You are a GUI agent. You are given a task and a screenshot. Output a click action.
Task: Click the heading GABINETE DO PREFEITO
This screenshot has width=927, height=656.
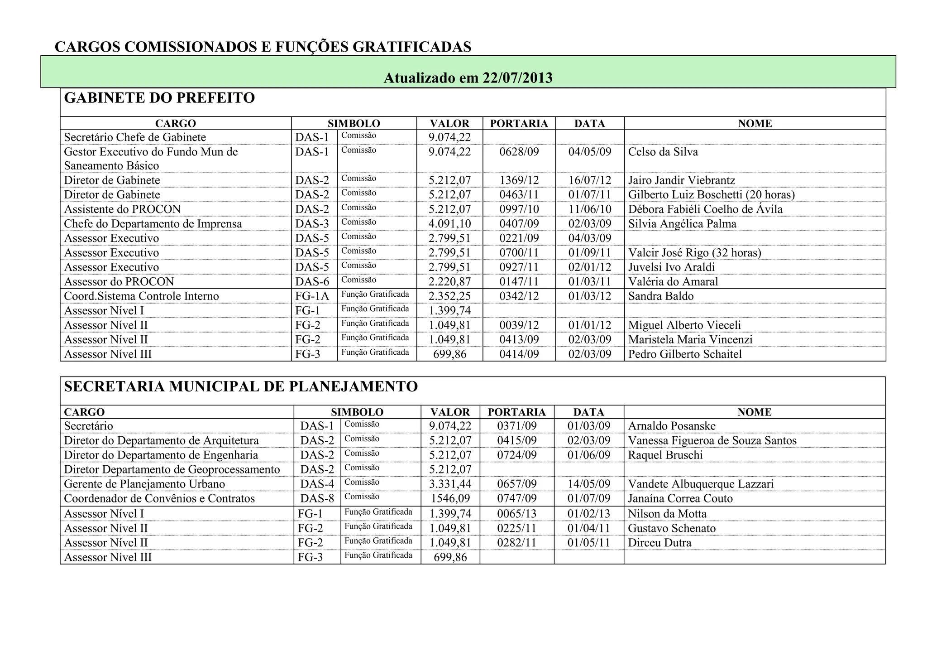159,98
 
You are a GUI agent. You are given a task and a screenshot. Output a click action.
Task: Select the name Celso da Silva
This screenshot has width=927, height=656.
663,152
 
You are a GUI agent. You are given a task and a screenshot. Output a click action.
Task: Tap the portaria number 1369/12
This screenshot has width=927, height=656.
519,180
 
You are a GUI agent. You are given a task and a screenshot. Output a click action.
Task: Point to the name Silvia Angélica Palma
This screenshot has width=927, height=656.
682,224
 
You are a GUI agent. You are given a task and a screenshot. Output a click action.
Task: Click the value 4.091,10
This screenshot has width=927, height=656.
449,224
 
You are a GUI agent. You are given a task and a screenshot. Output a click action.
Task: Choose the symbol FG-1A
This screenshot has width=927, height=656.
312,296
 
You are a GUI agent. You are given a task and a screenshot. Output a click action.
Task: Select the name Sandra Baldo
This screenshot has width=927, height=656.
661,296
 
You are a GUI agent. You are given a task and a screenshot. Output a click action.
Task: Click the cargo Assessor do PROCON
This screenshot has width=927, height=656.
119,282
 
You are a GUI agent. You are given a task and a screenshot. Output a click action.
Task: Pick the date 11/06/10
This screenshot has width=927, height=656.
589,209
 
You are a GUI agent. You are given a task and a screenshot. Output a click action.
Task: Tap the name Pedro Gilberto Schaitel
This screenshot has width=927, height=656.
685,354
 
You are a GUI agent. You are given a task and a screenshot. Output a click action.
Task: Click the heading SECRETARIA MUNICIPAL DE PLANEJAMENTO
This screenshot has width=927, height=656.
241,387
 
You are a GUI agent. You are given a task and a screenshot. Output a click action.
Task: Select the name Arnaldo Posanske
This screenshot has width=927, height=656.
672,426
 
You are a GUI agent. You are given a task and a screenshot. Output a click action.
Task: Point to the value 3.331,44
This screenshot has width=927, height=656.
450,484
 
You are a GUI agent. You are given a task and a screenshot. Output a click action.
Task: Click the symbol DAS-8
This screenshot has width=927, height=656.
317,499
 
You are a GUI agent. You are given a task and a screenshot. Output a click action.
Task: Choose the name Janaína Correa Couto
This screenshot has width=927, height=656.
680,499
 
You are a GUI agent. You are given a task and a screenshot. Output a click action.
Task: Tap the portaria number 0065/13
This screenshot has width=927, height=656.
516,514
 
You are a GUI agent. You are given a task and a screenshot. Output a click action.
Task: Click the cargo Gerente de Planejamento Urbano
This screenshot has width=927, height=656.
144,484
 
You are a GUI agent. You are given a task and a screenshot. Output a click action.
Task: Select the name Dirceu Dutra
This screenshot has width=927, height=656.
659,543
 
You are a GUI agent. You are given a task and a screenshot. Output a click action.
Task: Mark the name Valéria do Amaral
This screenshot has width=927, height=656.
673,282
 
